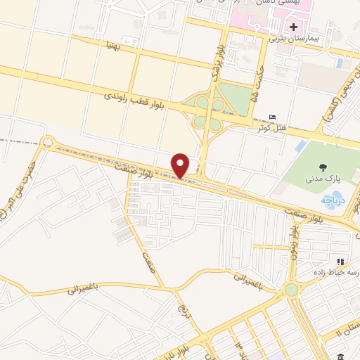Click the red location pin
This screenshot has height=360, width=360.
pyautogui.click(x=181, y=165)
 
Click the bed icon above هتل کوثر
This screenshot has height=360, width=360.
pyautogui.click(x=273, y=117)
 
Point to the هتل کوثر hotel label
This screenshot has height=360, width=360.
pyautogui.click(x=272, y=128)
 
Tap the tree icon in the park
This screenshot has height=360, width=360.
pyautogui.click(x=323, y=167)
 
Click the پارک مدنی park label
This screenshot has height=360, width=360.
pyautogui.click(x=323, y=179)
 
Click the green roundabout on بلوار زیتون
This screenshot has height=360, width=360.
pyautogui.click(x=291, y=290)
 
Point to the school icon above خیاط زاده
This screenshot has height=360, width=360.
pyautogui.click(x=342, y=262)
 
